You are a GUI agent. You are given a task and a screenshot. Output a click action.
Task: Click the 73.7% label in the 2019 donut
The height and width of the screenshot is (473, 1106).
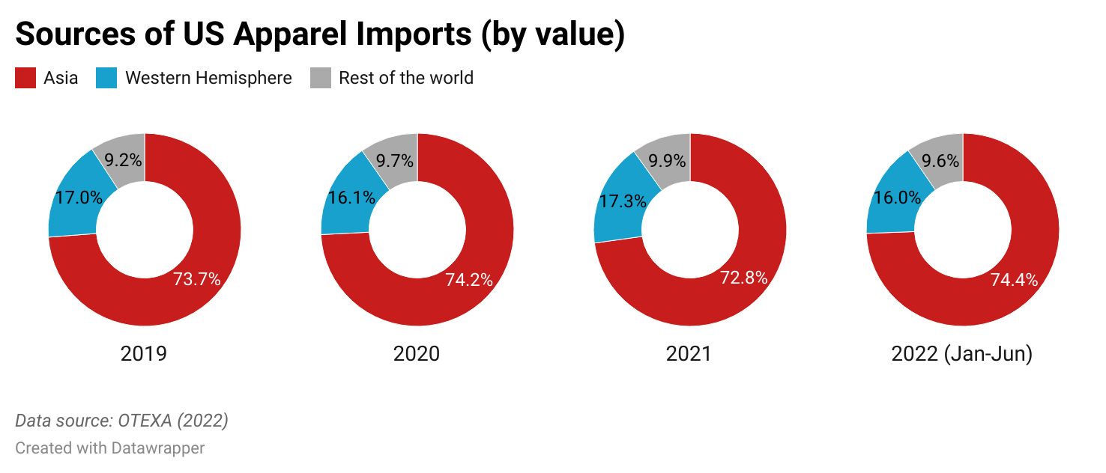click(x=197, y=280)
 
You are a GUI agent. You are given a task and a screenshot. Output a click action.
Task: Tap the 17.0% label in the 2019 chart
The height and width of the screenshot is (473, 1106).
click(x=78, y=198)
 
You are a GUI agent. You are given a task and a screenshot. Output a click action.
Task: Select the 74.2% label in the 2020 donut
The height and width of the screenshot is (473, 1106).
click(x=469, y=281)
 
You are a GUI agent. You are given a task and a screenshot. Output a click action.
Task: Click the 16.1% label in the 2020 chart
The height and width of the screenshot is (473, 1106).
click(x=351, y=198)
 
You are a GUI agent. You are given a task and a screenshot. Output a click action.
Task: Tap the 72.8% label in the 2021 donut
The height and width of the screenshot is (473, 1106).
click(x=744, y=278)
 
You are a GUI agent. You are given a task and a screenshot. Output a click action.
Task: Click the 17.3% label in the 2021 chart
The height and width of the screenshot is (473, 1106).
click(x=622, y=202)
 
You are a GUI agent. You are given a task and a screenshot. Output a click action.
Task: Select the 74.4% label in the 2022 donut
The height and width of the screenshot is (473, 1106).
click(x=1015, y=281)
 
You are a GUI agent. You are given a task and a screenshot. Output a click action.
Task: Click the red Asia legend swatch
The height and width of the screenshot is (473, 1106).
click(x=25, y=78)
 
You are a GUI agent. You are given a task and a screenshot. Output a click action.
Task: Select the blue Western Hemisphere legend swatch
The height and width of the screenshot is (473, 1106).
click(x=106, y=78)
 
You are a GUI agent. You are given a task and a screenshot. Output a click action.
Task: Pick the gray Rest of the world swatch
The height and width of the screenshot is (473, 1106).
click(x=321, y=78)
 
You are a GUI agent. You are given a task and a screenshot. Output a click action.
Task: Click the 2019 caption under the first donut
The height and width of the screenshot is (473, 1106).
click(x=144, y=354)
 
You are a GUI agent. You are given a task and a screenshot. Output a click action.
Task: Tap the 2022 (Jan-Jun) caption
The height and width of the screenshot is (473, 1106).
click(x=962, y=354)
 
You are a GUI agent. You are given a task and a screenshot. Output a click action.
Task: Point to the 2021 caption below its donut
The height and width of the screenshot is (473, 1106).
click(x=689, y=354)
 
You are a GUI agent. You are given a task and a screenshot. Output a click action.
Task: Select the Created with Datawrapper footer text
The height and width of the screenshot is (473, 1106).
click(x=110, y=448)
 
